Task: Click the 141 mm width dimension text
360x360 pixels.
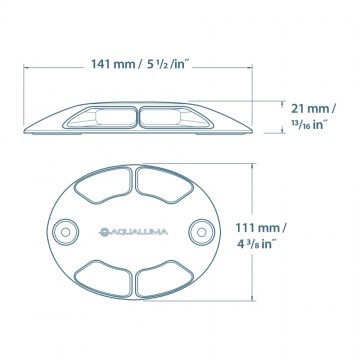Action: [x=113, y=64]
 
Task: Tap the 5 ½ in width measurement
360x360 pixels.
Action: [x=168, y=64]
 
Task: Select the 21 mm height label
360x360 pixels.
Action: [x=314, y=109]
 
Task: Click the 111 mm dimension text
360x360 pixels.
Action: [x=261, y=228]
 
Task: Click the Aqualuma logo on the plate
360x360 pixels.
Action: [x=133, y=232]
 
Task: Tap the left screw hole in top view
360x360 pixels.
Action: [x=66, y=232]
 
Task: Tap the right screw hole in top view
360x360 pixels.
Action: [x=201, y=232]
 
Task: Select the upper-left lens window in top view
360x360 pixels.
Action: [x=103, y=185]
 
